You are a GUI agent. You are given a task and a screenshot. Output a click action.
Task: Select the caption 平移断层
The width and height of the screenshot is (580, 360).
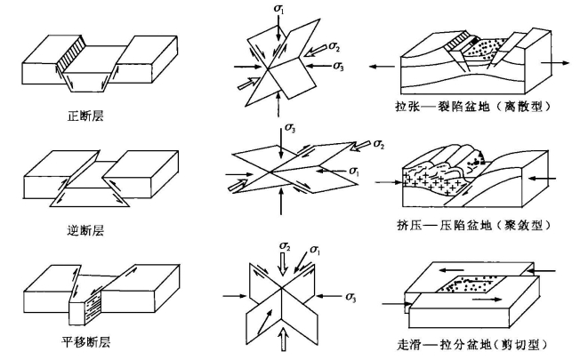[x=86, y=340]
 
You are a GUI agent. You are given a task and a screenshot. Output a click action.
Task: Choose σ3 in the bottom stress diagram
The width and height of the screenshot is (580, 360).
[x=354, y=293]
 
